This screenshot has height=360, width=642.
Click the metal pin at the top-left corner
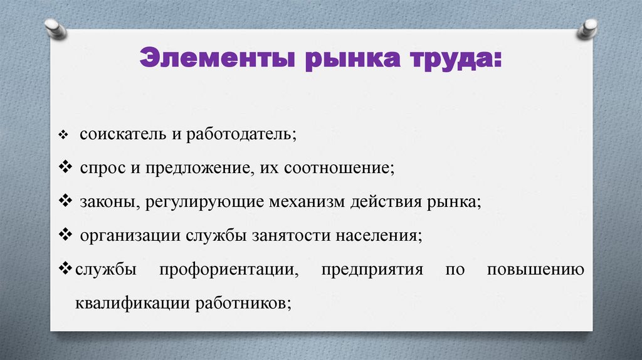point(55,28)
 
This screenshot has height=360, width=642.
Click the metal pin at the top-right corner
point(587,27)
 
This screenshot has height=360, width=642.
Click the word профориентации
point(228,270)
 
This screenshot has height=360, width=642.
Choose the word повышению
point(535,270)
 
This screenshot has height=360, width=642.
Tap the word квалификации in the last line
point(132,303)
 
